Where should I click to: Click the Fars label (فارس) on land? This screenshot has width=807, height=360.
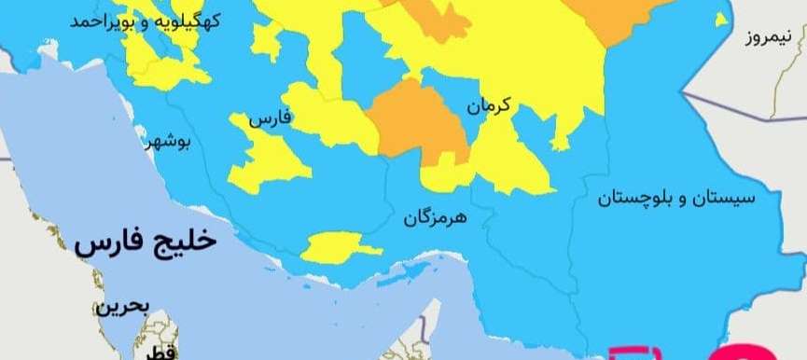pyautogui.click(x=270, y=119)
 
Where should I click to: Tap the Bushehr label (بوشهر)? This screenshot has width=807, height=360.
pyautogui.click(x=168, y=142)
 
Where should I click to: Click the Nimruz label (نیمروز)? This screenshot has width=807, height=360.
pyautogui.click(x=768, y=37)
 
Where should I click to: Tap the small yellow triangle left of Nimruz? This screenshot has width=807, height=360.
pyautogui.click(x=720, y=20)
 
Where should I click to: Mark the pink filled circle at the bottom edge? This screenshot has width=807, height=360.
pyautogui.click(x=737, y=353)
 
